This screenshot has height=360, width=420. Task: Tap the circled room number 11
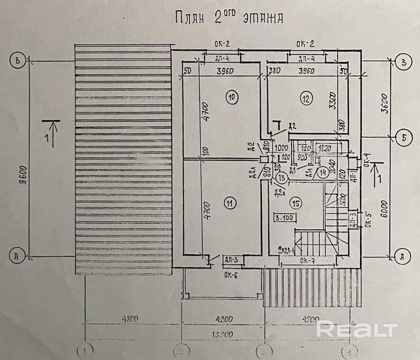230,204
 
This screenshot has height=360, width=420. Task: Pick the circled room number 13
282,179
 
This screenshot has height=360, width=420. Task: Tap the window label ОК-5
365,220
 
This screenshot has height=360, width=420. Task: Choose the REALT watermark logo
356,329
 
